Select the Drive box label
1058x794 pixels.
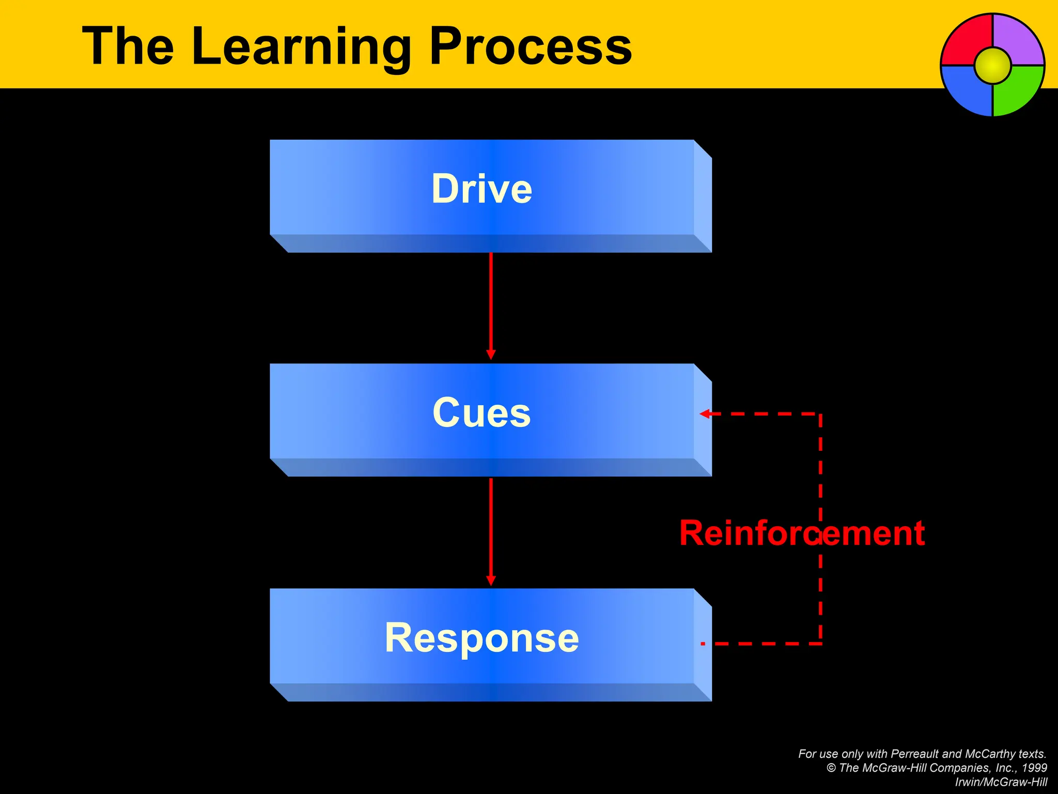pyautogui.click(x=481, y=189)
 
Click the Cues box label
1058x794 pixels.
pyautogui.click(x=481, y=413)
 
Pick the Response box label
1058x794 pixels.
pyautogui.click(x=481, y=638)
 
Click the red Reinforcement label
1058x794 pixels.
pyautogui.click(x=802, y=533)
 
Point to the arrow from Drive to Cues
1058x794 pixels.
pyautogui.click(x=491, y=305)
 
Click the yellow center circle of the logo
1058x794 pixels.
pyautogui.click(x=992, y=66)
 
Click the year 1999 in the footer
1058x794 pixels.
pyautogui.click(x=1034, y=768)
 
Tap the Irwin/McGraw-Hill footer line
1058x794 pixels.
pyautogui.click(x=1001, y=782)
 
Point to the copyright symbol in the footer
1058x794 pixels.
pyautogui.click(x=831, y=768)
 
